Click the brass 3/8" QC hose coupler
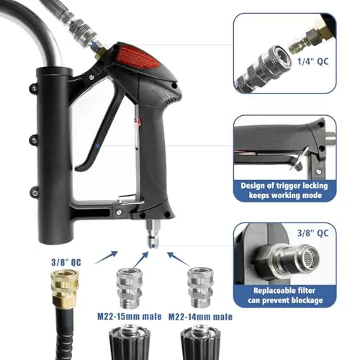57,282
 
